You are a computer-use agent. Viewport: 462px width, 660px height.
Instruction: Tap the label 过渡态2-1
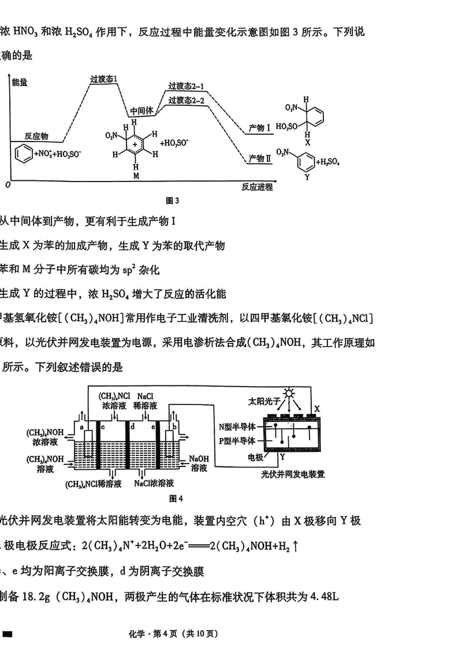pos(186,87)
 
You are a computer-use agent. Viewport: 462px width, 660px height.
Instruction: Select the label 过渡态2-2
pos(186,101)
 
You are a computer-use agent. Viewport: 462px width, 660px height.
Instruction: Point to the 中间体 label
pos(141,110)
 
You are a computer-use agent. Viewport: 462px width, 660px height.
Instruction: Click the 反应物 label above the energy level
pos(36,136)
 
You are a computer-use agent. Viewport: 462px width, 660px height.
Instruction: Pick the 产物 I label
pos(259,127)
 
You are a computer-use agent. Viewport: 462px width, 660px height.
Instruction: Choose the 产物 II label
pos(259,158)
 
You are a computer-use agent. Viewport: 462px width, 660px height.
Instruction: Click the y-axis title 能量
pos(20,83)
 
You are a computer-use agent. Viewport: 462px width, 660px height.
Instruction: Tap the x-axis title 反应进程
pos(257,187)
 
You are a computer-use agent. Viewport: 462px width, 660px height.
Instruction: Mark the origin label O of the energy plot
pos(8,185)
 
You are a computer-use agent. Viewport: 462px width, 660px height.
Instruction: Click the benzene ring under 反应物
pos(23,154)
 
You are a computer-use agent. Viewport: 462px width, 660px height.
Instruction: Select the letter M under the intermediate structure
pos(136,174)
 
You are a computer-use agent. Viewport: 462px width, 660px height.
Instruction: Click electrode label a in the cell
pos(81,427)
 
